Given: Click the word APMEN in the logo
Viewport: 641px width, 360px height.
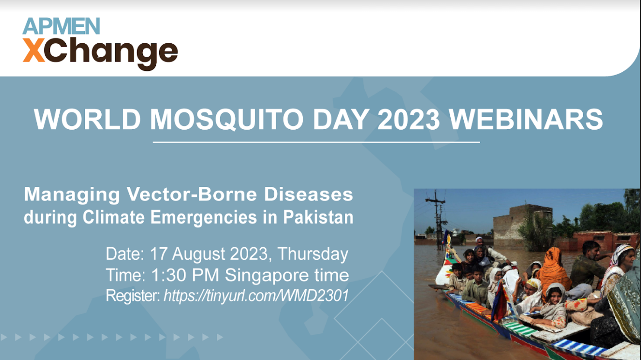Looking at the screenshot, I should click(x=61, y=26).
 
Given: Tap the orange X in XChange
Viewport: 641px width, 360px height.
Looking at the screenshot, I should click(x=34, y=51).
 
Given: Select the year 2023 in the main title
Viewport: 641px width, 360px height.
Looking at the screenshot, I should click(x=408, y=119).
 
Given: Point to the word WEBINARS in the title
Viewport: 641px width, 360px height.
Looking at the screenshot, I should click(x=526, y=119).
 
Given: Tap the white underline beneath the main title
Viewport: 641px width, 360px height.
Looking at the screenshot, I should click(x=316, y=142).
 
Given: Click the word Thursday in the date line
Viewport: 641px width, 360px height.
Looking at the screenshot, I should click(x=313, y=254).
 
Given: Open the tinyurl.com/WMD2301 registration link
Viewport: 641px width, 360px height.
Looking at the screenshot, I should click(x=256, y=295).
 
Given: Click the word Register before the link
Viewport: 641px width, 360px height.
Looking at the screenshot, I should click(x=132, y=295).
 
